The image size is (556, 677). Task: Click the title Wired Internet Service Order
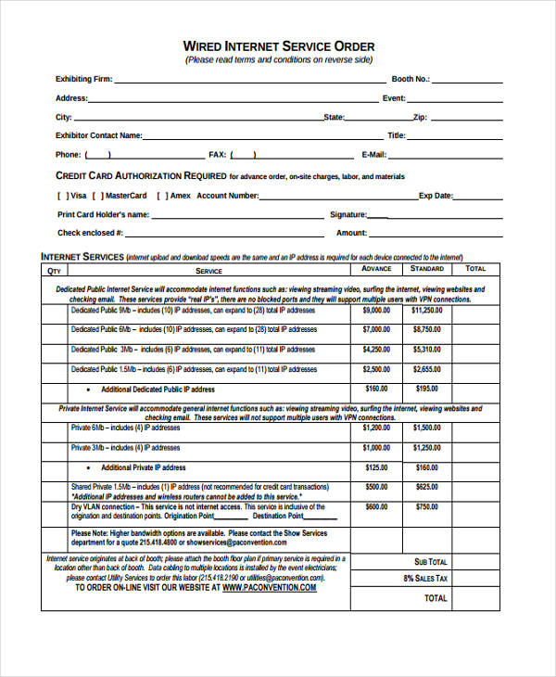point(278,45)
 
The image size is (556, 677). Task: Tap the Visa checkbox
point(62,196)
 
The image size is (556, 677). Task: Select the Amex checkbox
point(161,196)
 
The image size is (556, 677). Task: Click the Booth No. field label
point(409,80)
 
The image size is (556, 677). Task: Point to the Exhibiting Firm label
point(83,80)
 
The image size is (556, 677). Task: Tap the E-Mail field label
point(373,155)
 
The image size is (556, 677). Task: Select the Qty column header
point(54,270)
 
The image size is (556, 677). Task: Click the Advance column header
point(376,269)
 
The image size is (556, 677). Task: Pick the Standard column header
point(426,269)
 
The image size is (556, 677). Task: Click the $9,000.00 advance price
point(376,311)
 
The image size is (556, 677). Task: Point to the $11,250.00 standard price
point(426,311)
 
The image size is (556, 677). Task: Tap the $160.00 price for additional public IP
point(376,389)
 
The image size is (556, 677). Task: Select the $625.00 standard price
point(426,486)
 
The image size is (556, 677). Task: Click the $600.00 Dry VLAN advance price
point(376,507)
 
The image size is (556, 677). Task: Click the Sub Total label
point(431,562)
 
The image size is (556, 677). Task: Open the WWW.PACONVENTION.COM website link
point(269,588)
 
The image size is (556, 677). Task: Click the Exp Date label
point(436,196)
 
